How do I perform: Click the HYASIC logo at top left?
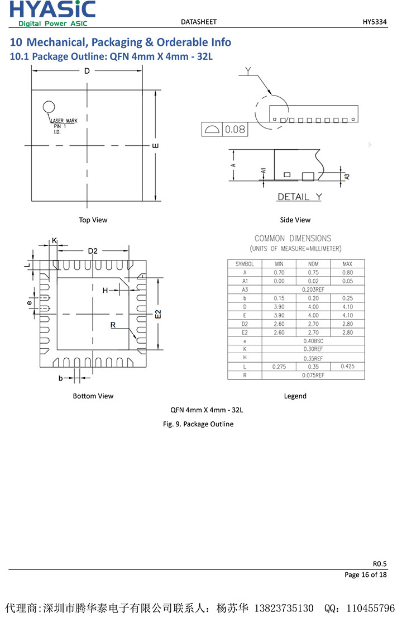(x=52, y=13)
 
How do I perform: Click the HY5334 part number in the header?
(x=375, y=22)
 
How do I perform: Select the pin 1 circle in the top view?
(x=49, y=107)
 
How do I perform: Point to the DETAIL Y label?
(x=300, y=197)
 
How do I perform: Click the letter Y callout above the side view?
(x=248, y=70)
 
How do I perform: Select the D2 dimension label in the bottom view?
(x=93, y=251)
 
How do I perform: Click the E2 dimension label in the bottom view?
(x=158, y=314)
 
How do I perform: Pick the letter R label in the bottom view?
(x=113, y=325)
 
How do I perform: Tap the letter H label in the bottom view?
(x=105, y=290)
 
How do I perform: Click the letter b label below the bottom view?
(x=61, y=378)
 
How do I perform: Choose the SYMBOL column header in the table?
(x=245, y=264)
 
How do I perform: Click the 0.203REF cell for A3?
(x=313, y=289)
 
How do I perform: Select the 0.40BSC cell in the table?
(x=313, y=341)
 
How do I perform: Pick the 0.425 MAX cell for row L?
(x=347, y=366)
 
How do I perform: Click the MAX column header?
(x=347, y=264)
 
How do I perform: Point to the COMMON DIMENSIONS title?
(x=293, y=238)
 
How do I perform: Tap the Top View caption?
(x=93, y=220)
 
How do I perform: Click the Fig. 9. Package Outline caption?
(x=198, y=424)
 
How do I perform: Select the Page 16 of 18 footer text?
(x=365, y=575)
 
